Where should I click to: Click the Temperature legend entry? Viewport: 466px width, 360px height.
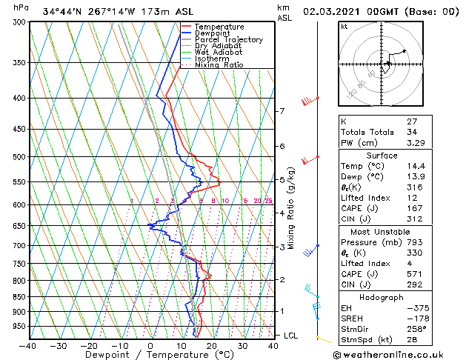pyautogui.click(x=220, y=27)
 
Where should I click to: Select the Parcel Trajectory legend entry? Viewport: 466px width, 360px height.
pyautogui.click(x=228, y=39)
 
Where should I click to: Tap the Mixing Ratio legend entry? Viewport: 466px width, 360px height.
pyautogui.click(x=219, y=65)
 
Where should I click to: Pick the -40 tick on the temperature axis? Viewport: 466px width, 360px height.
pyautogui.click(x=28, y=345)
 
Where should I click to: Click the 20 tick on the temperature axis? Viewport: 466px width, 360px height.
pyautogui.click(x=212, y=345)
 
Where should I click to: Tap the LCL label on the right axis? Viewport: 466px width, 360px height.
pyautogui.click(x=291, y=336)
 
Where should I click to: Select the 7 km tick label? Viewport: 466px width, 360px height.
pyautogui.click(x=282, y=111)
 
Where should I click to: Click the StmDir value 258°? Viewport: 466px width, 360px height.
pyautogui.click(x=416, y=329)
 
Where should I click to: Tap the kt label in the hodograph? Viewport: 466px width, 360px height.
pyautogui.click(x=344, y=26)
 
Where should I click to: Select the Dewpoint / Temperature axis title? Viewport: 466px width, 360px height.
pyautogui.click(x=150, y=356)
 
